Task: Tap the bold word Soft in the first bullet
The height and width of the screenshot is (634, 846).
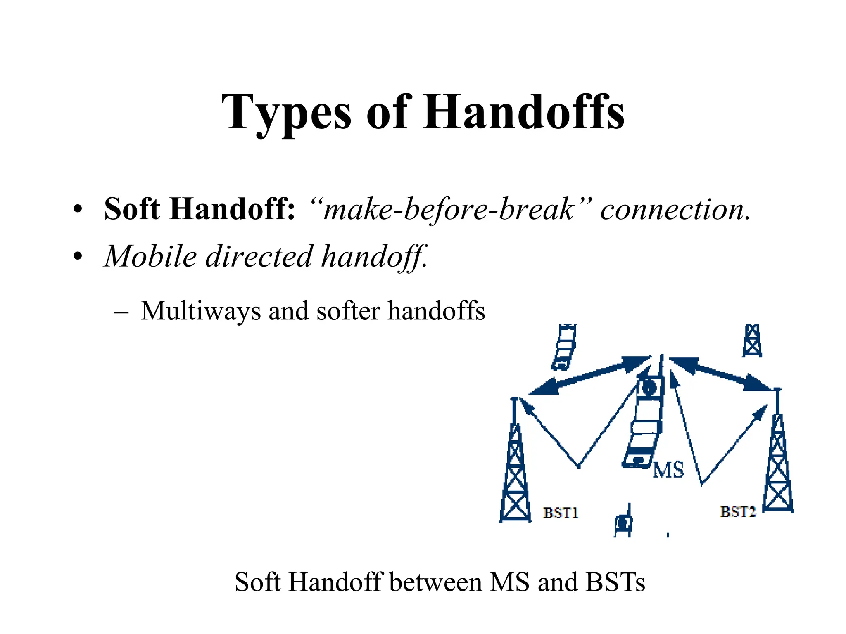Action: (x=132, y=209)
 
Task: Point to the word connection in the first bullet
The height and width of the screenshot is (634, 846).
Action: (x=675, y=210)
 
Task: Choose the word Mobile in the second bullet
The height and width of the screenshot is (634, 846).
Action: (x=150, y=256)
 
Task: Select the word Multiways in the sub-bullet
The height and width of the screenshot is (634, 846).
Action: (x=201, y=310)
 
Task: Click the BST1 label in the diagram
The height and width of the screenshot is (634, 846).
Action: (x=561, y=513)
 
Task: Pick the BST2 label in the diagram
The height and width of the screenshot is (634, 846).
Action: (x=738, y=512)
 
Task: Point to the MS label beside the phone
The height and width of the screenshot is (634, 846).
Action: (x=668, y=470)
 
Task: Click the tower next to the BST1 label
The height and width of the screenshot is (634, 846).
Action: (x=515, y=466)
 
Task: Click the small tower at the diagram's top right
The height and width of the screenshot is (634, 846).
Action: (x=752, y=341)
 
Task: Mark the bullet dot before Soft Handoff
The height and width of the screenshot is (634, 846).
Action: (x=78, y=210)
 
